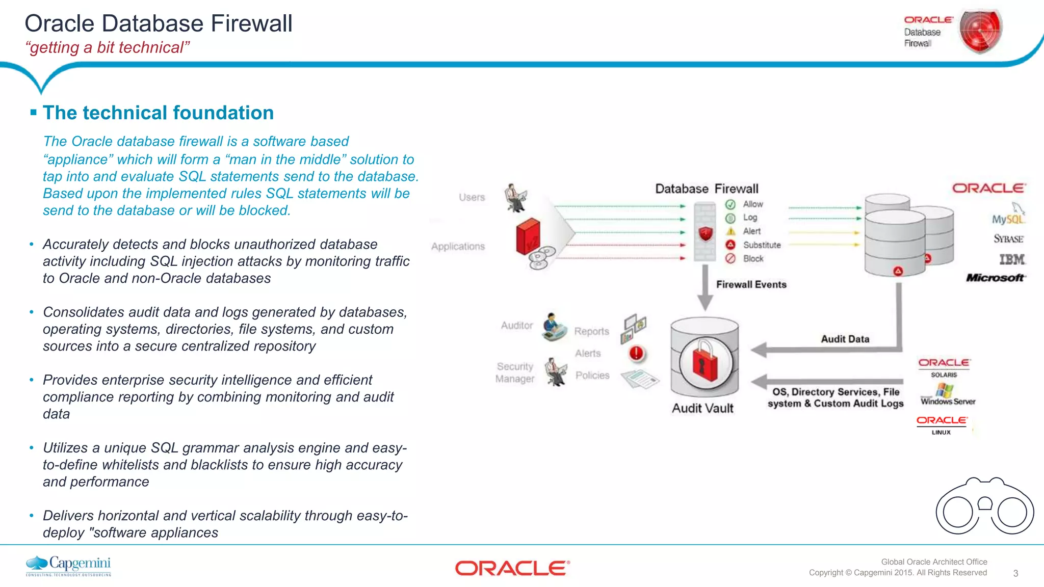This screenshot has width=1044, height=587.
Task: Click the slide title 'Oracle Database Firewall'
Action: (159, 23)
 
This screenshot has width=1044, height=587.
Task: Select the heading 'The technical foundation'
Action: (158, 113)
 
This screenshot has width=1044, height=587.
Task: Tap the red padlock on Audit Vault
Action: (704, 362)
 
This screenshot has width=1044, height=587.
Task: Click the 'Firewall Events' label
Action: (751, 284)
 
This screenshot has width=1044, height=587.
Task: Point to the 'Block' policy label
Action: (753, 259)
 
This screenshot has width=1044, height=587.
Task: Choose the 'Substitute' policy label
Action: (762, 245)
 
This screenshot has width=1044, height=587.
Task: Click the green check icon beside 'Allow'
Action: (730, 204)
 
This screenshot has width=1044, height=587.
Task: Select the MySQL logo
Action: (1008, 218)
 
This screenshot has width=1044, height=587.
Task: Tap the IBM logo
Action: (1011, 259)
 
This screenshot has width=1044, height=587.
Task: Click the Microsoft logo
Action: (996, 278)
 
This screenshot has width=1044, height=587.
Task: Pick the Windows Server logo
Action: (948, 395)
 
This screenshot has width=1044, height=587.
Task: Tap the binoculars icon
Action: (984, 506)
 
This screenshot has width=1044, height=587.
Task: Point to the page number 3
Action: (1015, 573)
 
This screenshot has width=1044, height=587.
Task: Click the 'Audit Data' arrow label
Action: (845, 339)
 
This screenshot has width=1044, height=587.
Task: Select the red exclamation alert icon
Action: (637, 353)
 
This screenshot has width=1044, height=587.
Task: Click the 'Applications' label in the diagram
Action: (458, 247)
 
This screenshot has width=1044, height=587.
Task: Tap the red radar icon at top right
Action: (980, 31)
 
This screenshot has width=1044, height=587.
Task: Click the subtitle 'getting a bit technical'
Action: (108, 47)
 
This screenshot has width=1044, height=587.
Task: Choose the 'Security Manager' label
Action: (515, 372)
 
